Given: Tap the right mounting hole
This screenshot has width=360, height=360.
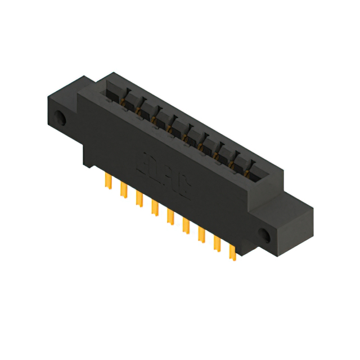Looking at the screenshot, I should (265, 233).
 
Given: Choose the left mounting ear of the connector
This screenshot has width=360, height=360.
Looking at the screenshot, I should (62, 112).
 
